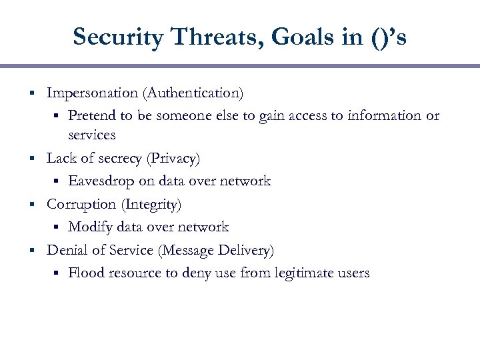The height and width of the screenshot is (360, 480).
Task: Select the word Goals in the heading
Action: click(290, 37)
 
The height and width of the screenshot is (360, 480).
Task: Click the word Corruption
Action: click(80, 204)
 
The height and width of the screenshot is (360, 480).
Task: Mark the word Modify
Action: click(90, 227)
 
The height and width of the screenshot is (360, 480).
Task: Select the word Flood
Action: click(85, 273)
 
